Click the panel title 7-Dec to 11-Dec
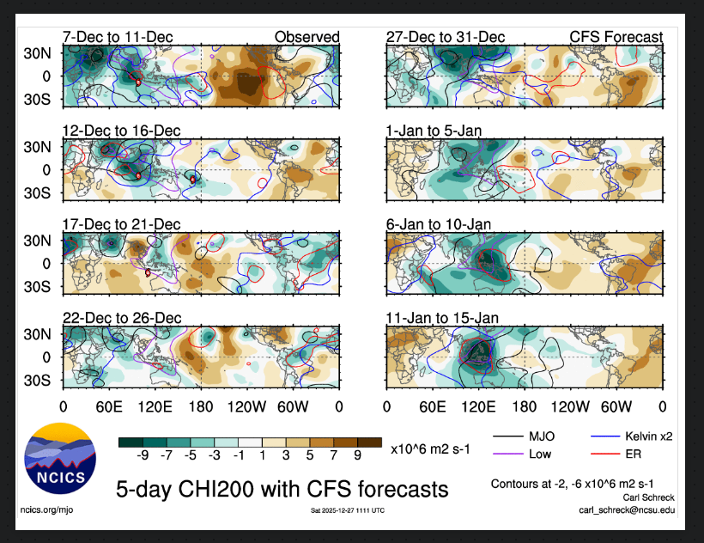click(x=118, y=37)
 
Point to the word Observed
click(x=307, y=37)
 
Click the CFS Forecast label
click(x=616, y=37)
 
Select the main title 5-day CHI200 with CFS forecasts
click(x=282, y=490)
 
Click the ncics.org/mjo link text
click(x=48, y=509)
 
